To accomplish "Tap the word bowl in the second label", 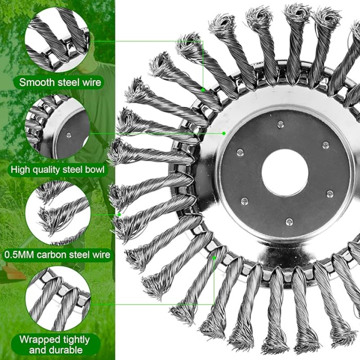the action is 95,170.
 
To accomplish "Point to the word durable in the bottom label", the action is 56,350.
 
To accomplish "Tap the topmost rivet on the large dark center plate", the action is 280,125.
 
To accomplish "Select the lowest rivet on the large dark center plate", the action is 289,222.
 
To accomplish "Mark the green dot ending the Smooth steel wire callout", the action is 203,90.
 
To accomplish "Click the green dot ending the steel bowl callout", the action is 224,133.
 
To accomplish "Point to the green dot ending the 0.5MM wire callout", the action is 119,215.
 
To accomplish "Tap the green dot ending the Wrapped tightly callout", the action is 214,258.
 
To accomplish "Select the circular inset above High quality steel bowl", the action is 58,127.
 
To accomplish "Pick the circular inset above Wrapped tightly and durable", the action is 58,299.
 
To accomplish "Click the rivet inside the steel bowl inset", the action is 68,135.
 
